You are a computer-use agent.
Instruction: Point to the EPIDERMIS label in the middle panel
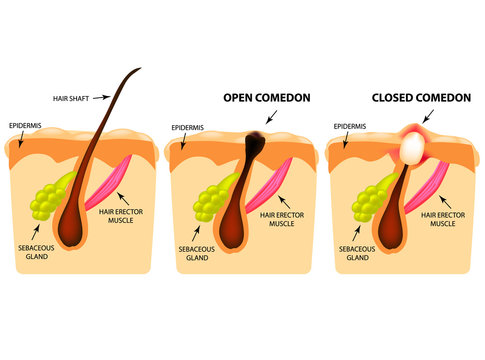pos(190,129)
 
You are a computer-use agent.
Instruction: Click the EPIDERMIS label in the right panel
pos(350,128)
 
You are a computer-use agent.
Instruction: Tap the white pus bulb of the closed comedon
pos(410,149)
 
